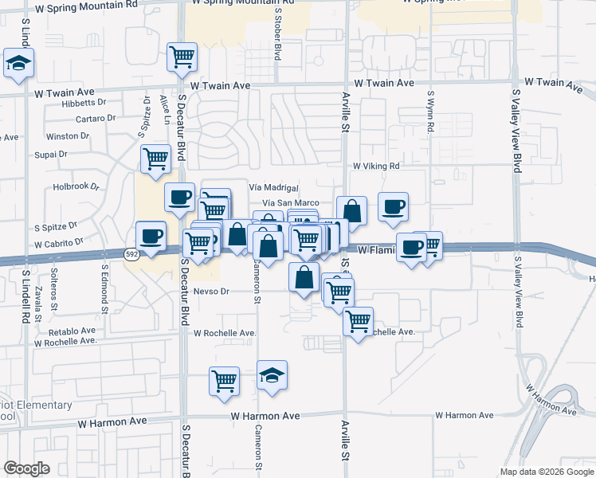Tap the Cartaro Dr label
pos(96,119)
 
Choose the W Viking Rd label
pos(376,166)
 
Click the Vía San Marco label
pos(290,204)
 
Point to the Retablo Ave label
pos(72,331)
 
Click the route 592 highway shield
pos(133,254)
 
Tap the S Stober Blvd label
pos(278,41)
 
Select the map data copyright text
pos(547,472)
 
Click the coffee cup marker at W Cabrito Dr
pos(151,235)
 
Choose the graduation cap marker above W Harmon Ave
pos(272,375)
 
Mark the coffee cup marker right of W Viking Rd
pos(393,207)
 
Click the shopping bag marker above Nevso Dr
pos(304,277)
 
